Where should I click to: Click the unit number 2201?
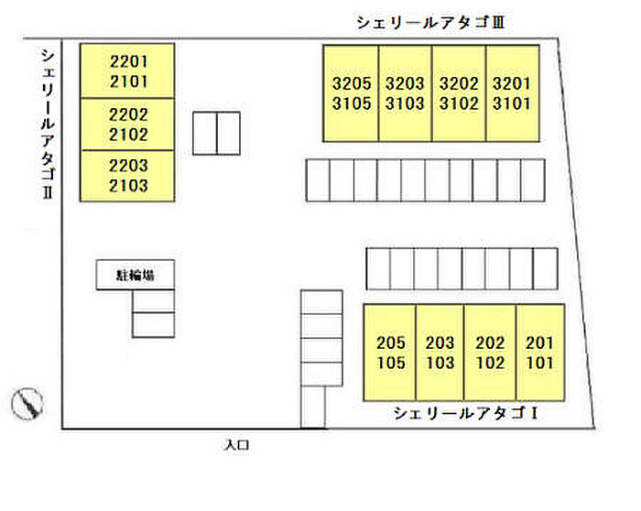(x=128, y=61)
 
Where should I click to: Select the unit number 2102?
(x=128, y=135)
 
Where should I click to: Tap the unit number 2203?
(x=128, y=166)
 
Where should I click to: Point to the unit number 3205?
(x=352, y=83)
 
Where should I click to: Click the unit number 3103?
(x=405, y=103)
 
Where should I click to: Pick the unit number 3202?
(x=459, y=83)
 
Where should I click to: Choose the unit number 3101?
(x=511, y=103)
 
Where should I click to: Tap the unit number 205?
(x=391, y=342)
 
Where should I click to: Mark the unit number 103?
(x=440, y=363)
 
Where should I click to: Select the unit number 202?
(x=490, y=342)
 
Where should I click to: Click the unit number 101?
(x=539, y=363)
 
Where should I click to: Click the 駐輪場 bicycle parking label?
(x=136, y=275)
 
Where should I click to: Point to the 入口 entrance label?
(x=236, y=444)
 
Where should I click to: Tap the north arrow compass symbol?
(x=27, y=404)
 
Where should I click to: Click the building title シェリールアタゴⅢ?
(x=431, y=22)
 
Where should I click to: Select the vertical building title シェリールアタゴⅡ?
(x=48, y=124)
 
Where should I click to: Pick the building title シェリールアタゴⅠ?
(x=465, y=413)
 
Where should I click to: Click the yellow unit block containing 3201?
(x=513, y=93)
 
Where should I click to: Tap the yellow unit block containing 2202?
(x=127, y=125)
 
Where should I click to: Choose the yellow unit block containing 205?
(x=390, y=353)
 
